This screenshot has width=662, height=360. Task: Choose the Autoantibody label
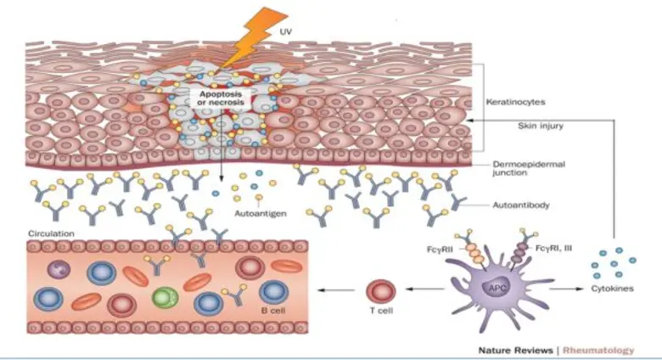tap(520, 205)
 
